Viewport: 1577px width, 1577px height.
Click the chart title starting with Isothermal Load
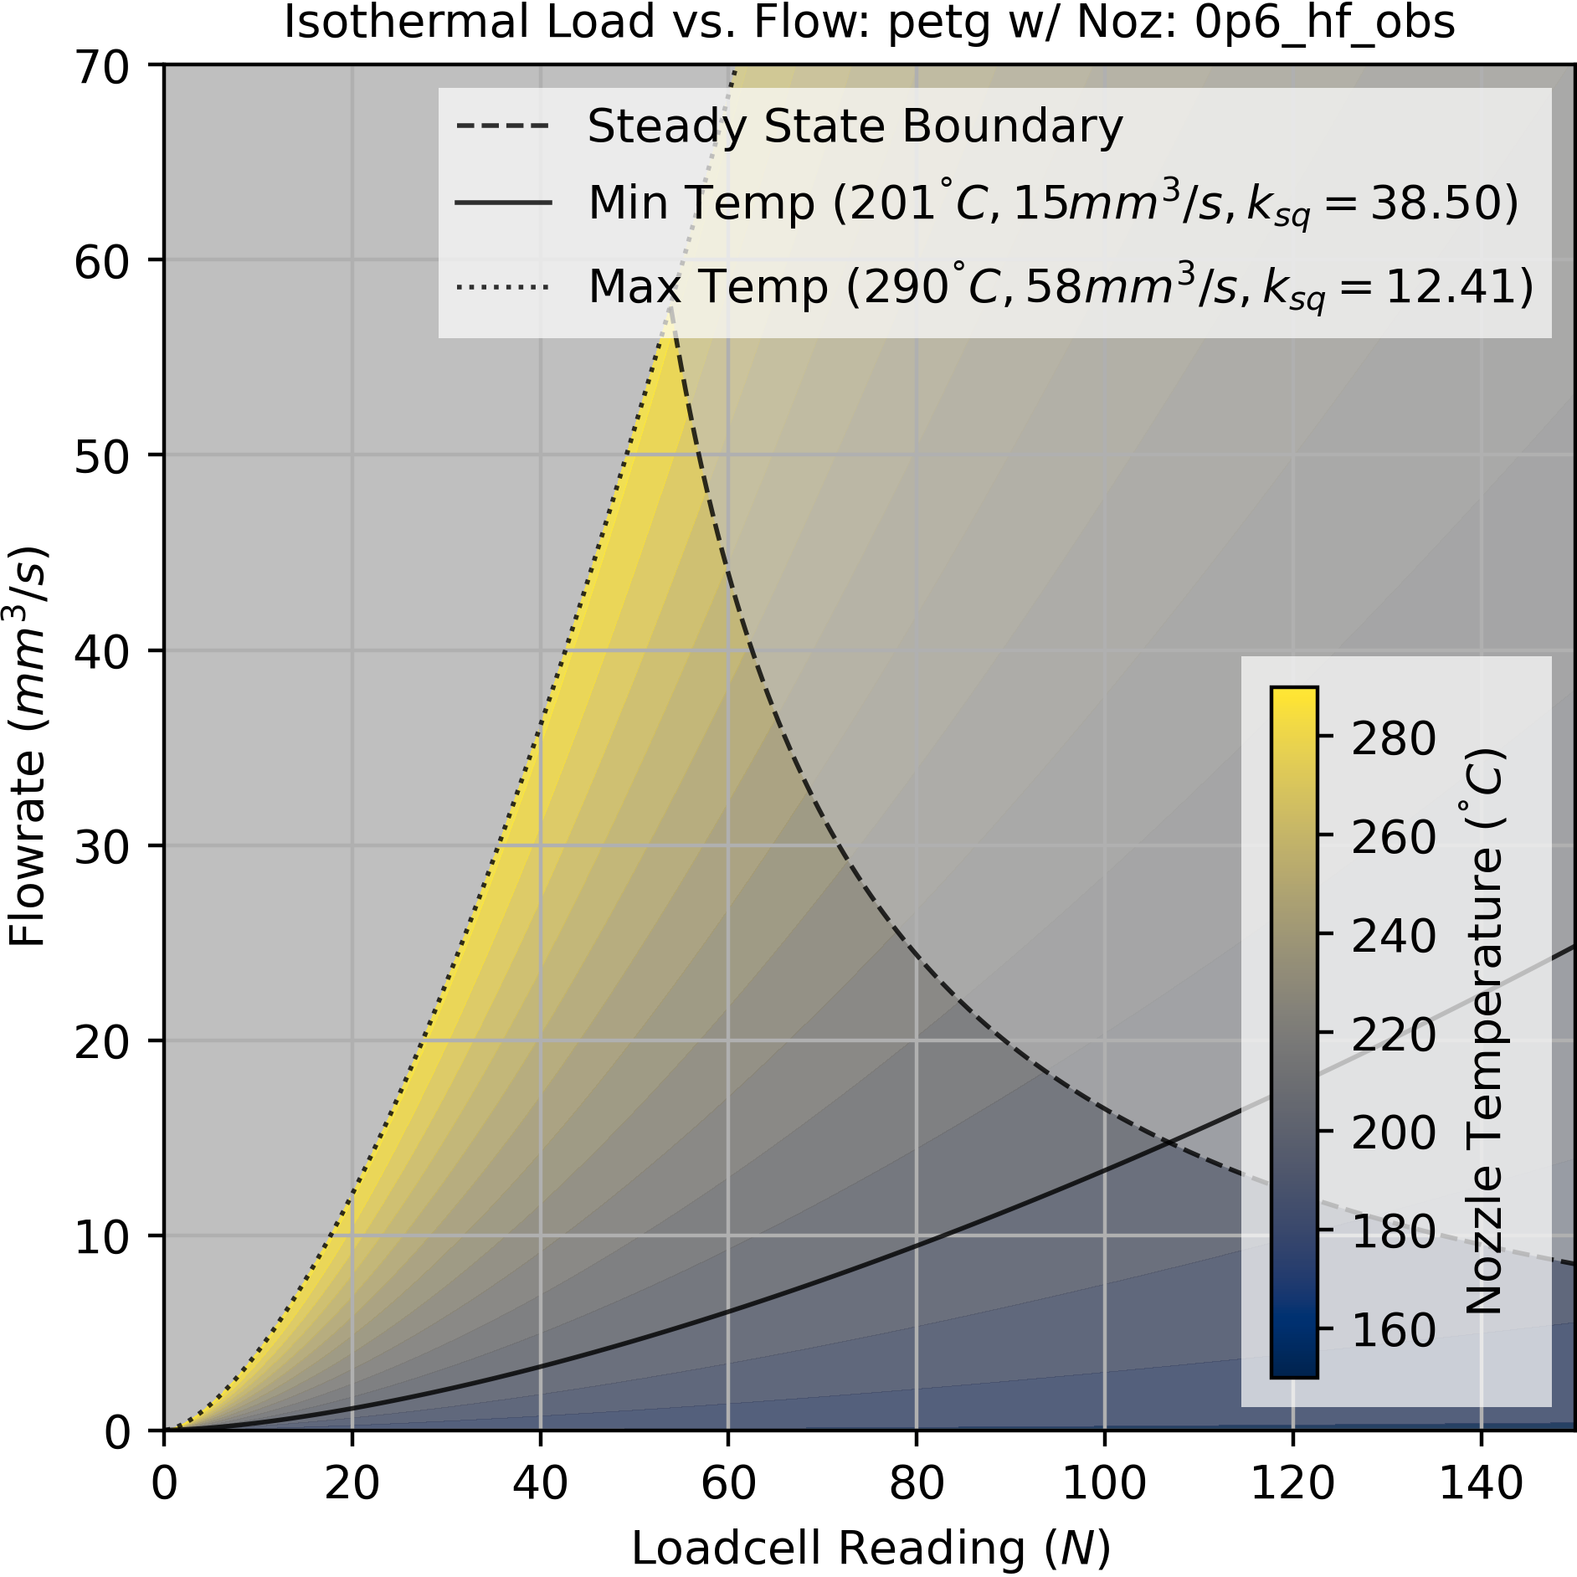pos(869,23)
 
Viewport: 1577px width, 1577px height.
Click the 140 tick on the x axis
pos(1481,1483)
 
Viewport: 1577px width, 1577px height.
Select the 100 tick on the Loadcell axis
pos(1104,1483)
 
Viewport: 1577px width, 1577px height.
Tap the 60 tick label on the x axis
pos(728,1483)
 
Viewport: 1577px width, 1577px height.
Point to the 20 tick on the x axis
pos(352,1483)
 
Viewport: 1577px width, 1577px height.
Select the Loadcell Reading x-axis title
pos(871,1547)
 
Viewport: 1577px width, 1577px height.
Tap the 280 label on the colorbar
pos(1393,738)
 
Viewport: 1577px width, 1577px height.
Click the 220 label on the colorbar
pos(1393,1035)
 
